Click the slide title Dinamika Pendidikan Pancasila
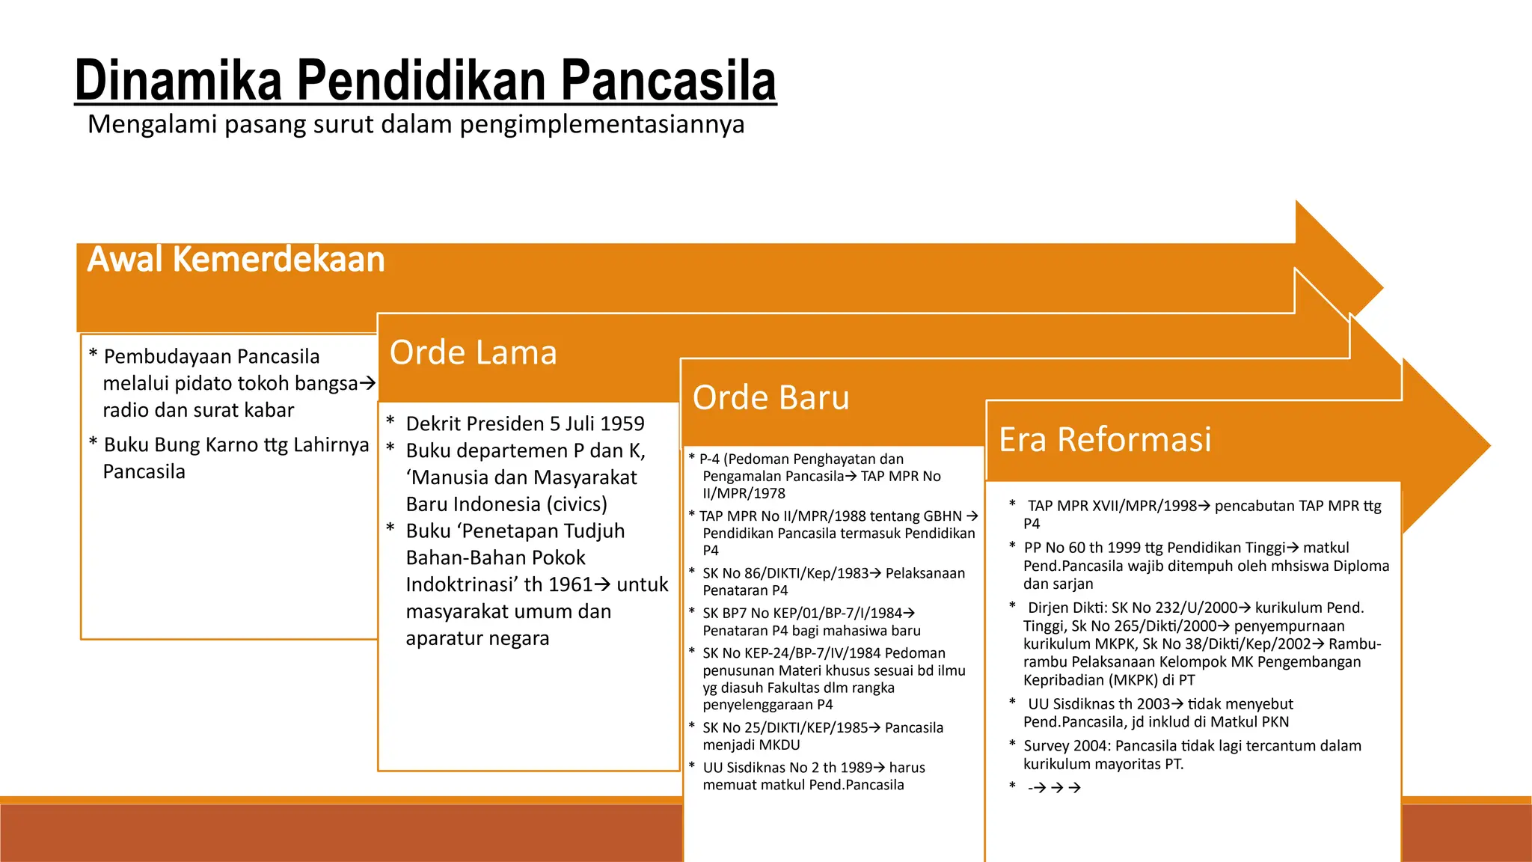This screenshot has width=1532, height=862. [425, 81]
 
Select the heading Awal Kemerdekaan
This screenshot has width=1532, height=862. [236, 260]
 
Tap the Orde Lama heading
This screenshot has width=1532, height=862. [473, 352]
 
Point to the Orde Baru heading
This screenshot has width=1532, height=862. [770, 397]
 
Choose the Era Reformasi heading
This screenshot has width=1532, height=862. [1104, 439]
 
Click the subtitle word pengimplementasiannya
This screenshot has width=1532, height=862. [601, 124]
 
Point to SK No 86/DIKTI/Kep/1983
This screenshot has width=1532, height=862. [785, 573]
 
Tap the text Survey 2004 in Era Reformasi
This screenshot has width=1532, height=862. [1065, 746]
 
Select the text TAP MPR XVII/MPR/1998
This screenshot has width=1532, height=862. [1112, 506]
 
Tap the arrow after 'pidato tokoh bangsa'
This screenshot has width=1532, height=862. [367, 383]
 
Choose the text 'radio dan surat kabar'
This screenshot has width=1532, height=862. [198, 410]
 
